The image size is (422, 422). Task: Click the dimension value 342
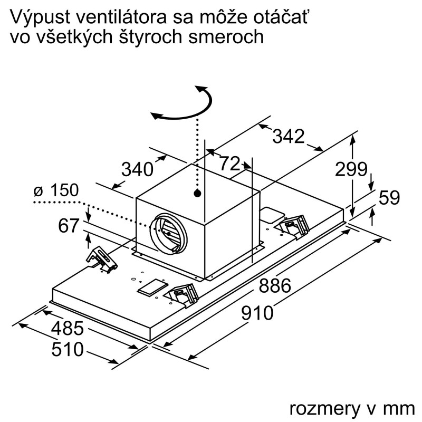click(288, 136)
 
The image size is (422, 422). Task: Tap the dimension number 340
click(137, 169)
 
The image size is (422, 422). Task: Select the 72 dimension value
click(229, 164)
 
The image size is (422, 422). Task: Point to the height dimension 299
click(351, 169)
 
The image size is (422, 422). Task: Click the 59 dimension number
click(389, 197)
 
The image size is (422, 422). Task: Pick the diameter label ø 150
click(56, 190)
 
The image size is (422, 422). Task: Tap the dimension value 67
click(69, 226)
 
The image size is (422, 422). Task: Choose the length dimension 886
click(275, 285)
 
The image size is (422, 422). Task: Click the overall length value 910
click(257, 313)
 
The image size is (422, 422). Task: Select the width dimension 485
click(68, 328)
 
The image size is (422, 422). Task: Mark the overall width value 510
click(68, 349)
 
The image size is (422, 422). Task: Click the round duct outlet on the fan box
click(168, 233)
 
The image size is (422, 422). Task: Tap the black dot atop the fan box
click(197, 193)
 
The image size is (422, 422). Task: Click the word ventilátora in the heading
click(121, 17)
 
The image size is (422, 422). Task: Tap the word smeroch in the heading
click(226, 37)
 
